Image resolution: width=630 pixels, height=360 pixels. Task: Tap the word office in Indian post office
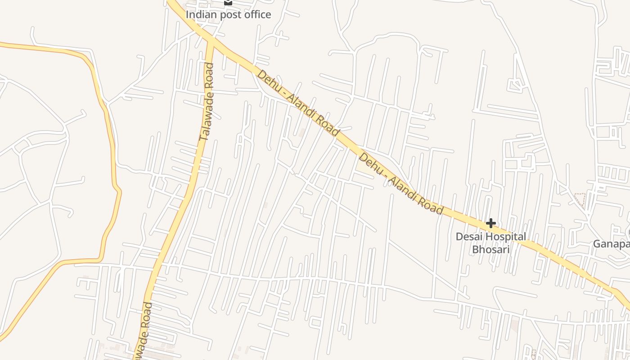[x=257, y=14]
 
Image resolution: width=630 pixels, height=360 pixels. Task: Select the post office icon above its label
[x=228, y=2]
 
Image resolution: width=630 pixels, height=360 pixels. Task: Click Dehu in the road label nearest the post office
[x=267, y=80]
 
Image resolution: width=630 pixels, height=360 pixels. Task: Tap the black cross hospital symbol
[x=490, y=223]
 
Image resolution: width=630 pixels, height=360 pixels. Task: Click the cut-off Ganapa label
[x=611, y=244]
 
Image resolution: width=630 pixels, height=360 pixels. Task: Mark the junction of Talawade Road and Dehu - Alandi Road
[x=211, y=41]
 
